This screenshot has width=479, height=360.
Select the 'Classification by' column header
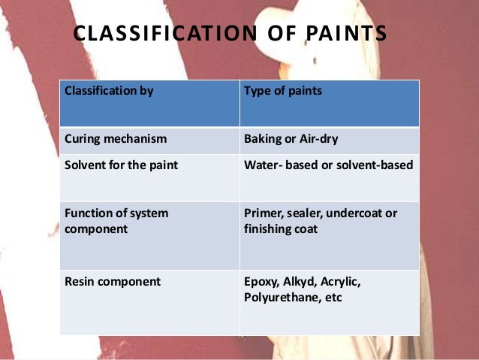[110, 92]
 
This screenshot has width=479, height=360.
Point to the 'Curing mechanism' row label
[116, 139]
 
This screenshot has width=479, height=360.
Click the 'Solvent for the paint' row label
[122, 165]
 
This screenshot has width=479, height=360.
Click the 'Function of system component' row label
[116, 221]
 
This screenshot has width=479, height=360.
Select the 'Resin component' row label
[113, 282]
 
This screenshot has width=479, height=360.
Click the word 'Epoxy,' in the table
[262, 282]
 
